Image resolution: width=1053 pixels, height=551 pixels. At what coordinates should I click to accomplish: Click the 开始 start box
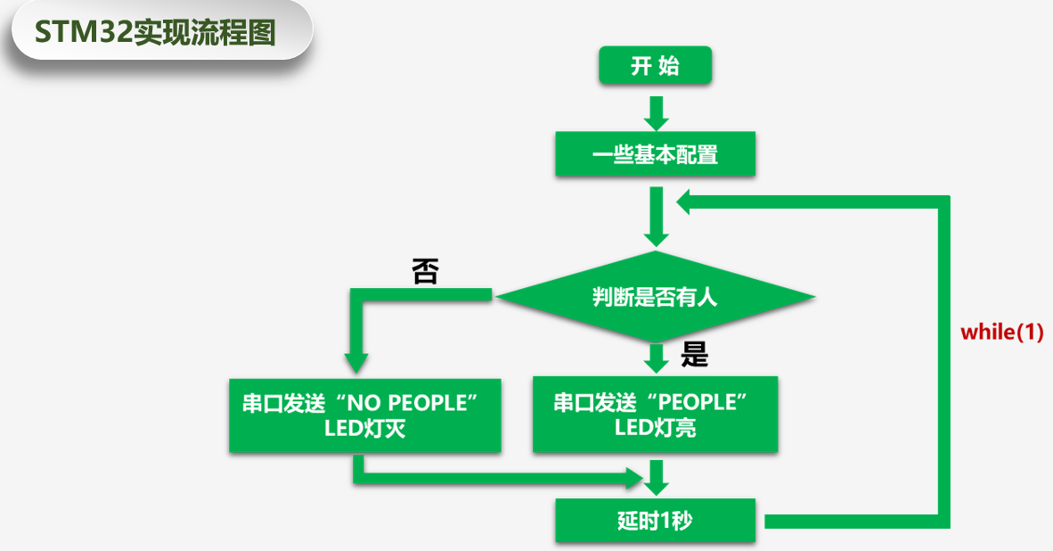click(x=655, y=66)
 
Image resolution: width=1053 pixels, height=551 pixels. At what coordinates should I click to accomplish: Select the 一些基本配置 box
click(x=655, y=154)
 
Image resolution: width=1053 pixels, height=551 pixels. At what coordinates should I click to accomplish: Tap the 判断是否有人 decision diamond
click(x=655, y=297)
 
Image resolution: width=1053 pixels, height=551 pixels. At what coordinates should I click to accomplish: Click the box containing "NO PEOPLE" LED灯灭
click(x=364, y=415)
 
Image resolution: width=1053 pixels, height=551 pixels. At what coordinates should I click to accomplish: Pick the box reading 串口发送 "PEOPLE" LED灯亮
click(x=655, y=415)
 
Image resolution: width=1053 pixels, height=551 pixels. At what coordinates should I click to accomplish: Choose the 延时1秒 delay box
click(x=655, y=520)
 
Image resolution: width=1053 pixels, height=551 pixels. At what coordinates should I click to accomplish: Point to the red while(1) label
click(x=1001, y=333)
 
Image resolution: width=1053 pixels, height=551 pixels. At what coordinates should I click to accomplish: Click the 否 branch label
click(x=425, y=271)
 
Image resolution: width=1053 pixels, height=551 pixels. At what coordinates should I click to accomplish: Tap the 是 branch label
click(x=694, y=356)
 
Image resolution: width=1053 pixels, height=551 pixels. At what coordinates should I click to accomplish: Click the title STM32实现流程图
click(x=155, y=32)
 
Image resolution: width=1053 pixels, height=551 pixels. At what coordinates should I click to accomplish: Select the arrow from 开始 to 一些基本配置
click(x=657, y=111)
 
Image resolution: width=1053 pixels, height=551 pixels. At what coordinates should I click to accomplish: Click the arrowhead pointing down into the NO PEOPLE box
click(x=356, y=362)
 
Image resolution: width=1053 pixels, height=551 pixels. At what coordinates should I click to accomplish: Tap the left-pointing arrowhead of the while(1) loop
click(x=689, y=202)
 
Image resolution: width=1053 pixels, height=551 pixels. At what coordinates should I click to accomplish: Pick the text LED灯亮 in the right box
click(x=655, y=428)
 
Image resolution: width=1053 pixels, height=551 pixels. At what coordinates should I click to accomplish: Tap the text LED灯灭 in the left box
click(x=364, y=429)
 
